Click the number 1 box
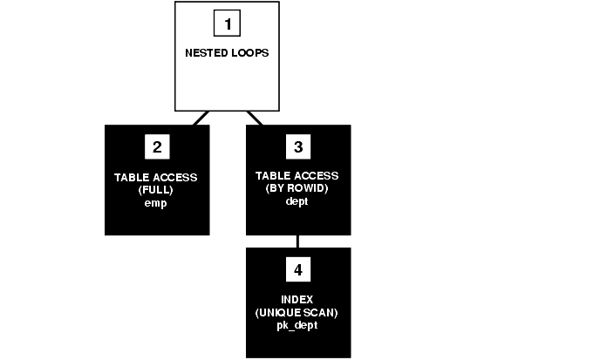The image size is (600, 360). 228,24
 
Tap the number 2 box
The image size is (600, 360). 157,146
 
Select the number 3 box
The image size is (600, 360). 298,146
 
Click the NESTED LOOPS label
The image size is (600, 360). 227,52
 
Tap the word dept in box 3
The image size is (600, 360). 298,201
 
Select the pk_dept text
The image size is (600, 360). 298,324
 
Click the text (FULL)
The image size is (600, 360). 157,189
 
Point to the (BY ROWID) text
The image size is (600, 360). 298,189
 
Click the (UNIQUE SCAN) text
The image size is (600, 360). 298,312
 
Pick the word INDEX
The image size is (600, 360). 298,300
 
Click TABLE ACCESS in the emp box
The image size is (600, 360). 157,177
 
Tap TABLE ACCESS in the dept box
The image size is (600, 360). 298,177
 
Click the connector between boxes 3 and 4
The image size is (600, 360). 298,241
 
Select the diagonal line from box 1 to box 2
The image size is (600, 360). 200,118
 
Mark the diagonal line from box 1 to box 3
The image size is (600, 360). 254,118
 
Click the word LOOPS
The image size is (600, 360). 250,52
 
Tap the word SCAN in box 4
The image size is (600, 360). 321,312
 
